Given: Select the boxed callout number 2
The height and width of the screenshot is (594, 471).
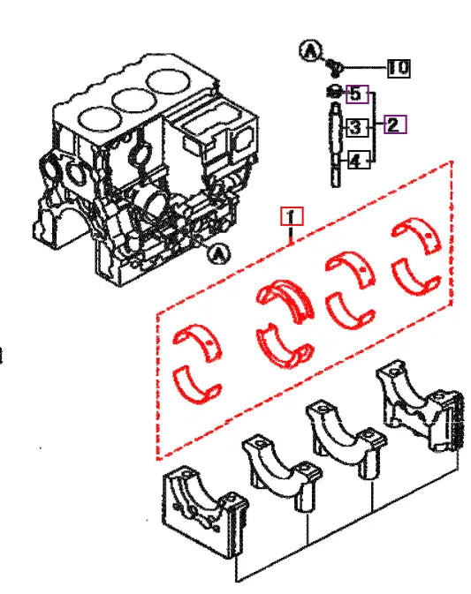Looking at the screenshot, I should [394, 124].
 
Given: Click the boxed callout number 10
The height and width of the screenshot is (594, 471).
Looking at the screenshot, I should [399, 66].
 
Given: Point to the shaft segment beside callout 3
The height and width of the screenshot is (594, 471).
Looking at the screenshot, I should [334, 130].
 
